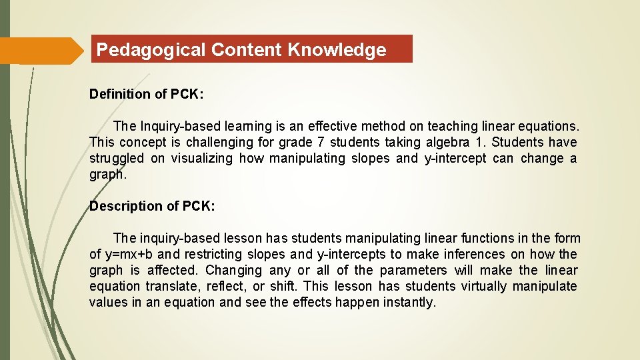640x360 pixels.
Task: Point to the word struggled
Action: click(116, 158)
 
